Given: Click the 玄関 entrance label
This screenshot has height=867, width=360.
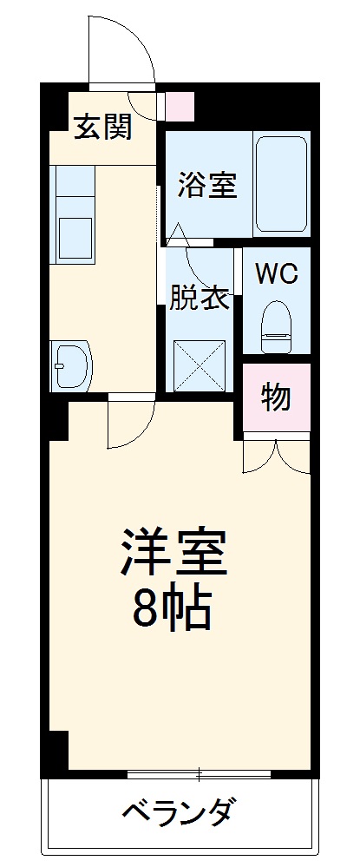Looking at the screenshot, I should (x=102, y=128).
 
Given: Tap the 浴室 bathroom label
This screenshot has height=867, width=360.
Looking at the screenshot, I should (x=208, y=185).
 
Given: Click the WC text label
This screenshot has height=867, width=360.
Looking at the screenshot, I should (x=276, y=274).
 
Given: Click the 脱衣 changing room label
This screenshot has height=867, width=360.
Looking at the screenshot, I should (x=199, y=298).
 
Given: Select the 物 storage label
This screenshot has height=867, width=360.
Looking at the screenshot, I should (x=276, y=397).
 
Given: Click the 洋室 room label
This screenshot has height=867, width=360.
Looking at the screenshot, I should (x=173, y=552).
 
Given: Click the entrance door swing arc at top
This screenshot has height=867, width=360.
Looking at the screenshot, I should (x=121, y=50).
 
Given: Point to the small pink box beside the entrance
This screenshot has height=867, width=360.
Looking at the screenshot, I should (x=180, y=106).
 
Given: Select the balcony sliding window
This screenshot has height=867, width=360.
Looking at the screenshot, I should (x=199, y=772).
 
